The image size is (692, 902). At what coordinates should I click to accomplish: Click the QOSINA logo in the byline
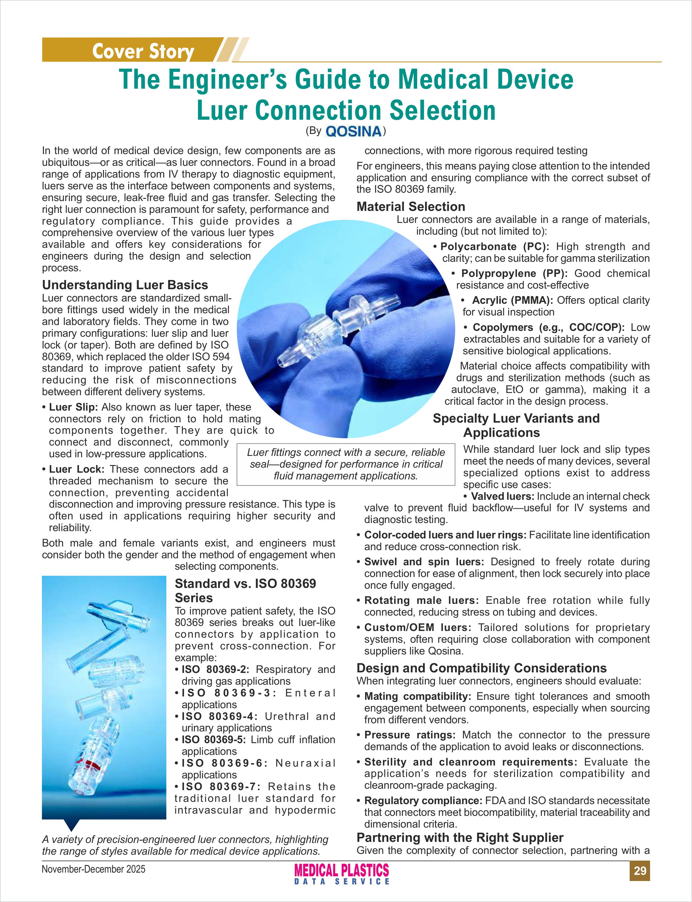click(353, 131)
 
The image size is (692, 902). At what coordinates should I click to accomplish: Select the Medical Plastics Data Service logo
click(341, 874)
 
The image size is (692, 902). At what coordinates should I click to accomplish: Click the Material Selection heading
click(411, 206)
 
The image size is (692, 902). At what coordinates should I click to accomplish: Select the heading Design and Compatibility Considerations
click(481, 668)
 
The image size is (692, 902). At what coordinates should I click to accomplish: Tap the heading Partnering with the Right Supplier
click(460, 837)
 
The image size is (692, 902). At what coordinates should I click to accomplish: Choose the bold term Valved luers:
click(502, 496)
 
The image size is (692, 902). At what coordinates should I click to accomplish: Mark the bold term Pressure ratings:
click(410, 735)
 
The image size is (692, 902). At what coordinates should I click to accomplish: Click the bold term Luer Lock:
click(77, 469)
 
